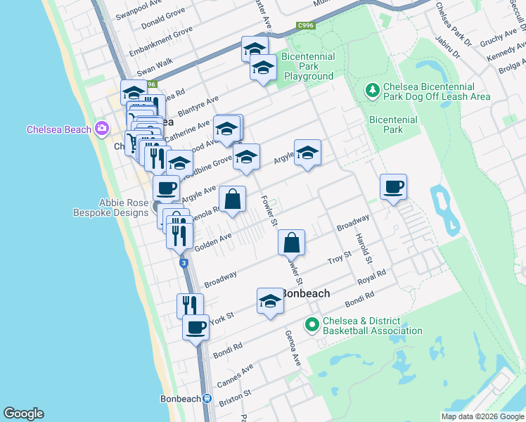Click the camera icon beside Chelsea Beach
coord(102,129)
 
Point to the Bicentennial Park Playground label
coord(307,66)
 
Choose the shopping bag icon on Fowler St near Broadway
coord(291,243)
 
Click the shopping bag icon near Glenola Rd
coord(232,200)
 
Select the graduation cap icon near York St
coord(270,302)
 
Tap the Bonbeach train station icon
coord(207,399)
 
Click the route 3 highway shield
coord(184,263)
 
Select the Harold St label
coord(363,248)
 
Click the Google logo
coord(23,414)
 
